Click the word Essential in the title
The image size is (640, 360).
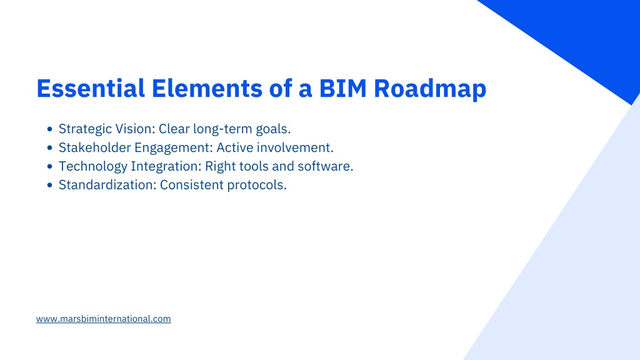(91, 88)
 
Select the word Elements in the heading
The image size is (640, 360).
(207, 88)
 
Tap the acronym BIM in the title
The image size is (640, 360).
(343, 88)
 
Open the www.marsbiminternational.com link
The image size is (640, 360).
(103, 319)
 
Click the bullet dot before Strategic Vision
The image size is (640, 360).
(50, 129)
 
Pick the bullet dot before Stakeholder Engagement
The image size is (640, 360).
(50, 147)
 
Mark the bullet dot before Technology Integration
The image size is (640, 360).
(50, 166)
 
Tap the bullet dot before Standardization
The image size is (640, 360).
(50, 185)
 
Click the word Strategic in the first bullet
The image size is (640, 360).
(85, 129)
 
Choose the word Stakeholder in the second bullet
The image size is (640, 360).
(95, 147)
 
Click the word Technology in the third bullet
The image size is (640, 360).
(93, 167)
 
